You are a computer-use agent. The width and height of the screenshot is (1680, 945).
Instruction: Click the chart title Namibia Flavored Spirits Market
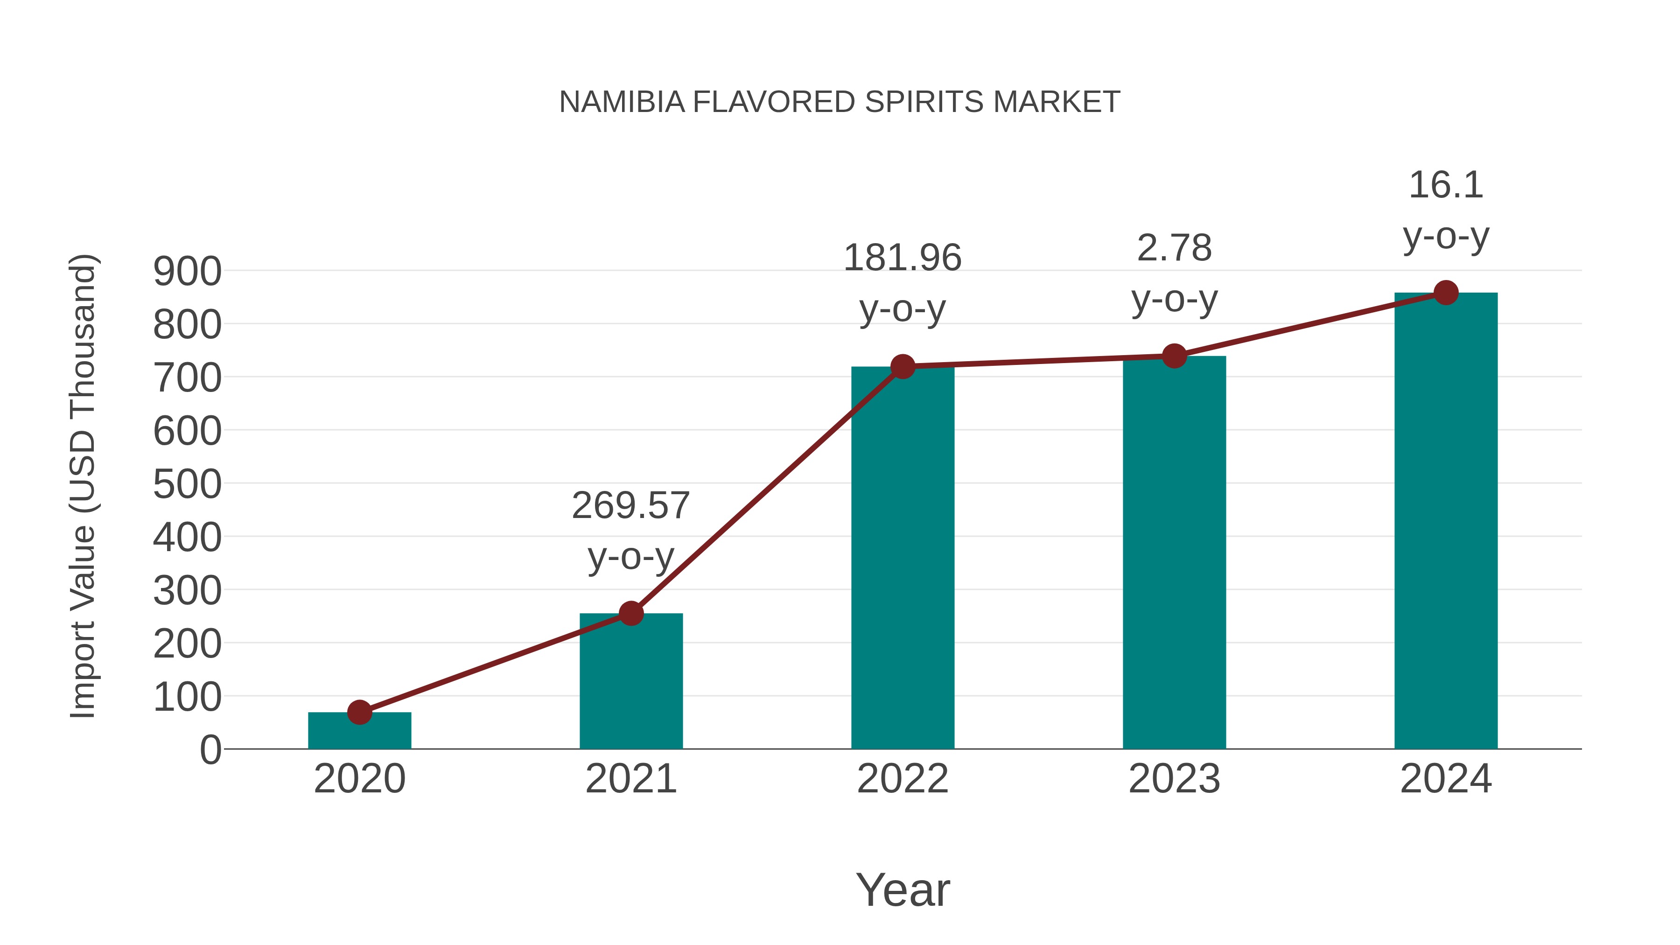click(x=840, y=102)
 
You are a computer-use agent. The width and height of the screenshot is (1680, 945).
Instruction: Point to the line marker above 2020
click(x=359, y=712)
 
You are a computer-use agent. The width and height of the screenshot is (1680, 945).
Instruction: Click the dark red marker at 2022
click(x=903, y=366)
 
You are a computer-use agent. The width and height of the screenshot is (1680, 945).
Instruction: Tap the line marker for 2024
click(x=1446, y=293)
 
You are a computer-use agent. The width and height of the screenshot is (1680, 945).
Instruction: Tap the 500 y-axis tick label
click(x=187, y=484)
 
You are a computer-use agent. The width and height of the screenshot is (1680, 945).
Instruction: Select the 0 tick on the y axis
click(x=210, y=749)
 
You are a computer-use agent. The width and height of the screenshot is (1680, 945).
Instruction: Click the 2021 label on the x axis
click(x=630, y=779)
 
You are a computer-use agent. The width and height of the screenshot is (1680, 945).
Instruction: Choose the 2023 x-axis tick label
click(x=1174, y=779)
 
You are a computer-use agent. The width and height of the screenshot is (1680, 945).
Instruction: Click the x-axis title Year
click(x=903, y=889)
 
